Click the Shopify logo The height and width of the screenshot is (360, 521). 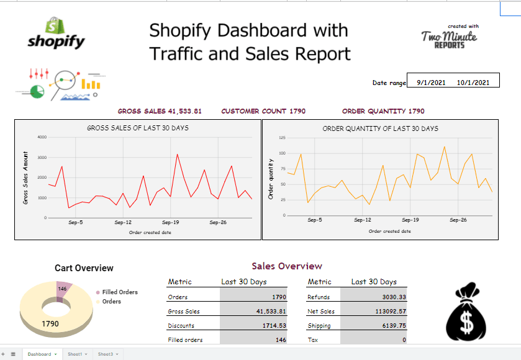pyautogui.click(x=56, y=34)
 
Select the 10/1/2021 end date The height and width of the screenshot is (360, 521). pyautogui.click(x=473, y=83)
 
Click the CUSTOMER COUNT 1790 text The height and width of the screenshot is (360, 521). pyautogui.click(x=263, y=111)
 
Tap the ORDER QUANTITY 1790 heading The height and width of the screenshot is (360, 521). pyautogui.click(x=383, y=111)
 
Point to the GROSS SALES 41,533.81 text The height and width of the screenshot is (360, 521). pyautogui.click(x=160, y=111)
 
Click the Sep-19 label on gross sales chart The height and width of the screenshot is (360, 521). pyautogui.click(x=171, y=222)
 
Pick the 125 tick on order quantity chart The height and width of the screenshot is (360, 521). pyautogui.click(x=282, y=137)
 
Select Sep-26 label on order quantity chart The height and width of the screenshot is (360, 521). pyautogui.click(x=458, y=220)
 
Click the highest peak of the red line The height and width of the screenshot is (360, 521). pyautogui.click(x=177, y=155)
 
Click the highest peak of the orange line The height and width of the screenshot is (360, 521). pyautogui.click(x=445, y=147)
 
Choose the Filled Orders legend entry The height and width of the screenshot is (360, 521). pyautogui.click(x=119, y=292)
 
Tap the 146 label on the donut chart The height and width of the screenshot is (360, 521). pyautogui.click(x=62, y=289)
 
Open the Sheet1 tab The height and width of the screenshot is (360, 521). pyautogui.click(x=75, y=354)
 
